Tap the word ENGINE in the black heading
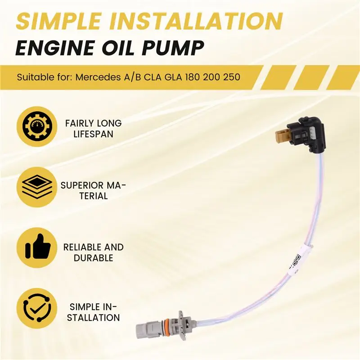point(55,48)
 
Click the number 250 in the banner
point(231,77)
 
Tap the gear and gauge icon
point(37,126)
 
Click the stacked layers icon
point(37,187)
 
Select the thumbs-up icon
point(37,247)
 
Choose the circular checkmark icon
point(37,308)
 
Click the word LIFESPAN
point(94,134)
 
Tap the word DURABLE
point(94,258)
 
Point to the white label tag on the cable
point(297,260)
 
